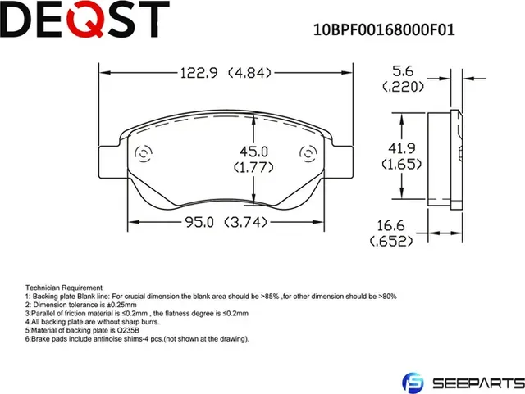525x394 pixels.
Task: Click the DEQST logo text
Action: tap(85, 20)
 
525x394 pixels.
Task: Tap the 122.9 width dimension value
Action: tap(199, 73)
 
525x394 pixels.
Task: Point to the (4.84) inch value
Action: tap(249, 73)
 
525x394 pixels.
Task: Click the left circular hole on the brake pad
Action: tap(141, 154)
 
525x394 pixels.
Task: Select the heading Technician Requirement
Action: tap(64, 288)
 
